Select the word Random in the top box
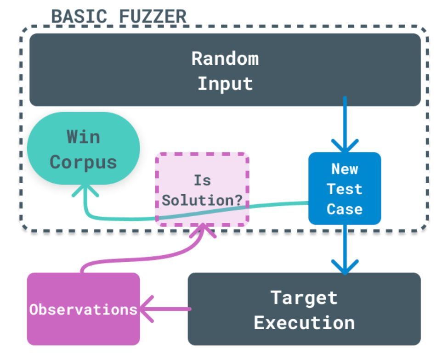[225, 58]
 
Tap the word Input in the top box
[225, 84]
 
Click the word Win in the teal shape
[83, 137]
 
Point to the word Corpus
[83, 162]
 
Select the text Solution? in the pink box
[203, 201]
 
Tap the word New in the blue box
[344, 169]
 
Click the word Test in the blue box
[344, 189]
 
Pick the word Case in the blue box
[344, 209]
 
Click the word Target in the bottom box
[304, 298]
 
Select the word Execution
[304, 322]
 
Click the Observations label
[83, 309]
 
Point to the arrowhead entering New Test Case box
[345, 146]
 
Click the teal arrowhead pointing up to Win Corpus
[84, 189]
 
